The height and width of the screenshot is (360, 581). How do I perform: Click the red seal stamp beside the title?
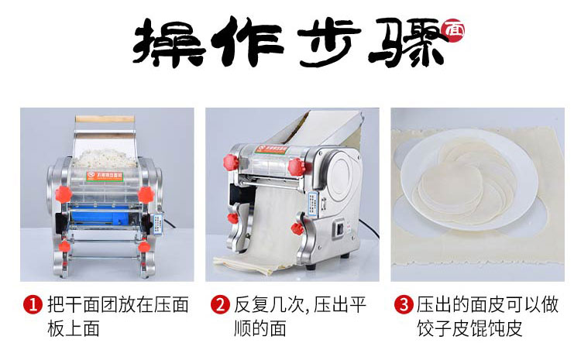[452, 30]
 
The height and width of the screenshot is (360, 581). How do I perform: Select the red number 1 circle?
[33, 305]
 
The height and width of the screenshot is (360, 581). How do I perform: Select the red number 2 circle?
[220, 305]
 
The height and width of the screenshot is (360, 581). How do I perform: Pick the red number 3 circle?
[404, 305]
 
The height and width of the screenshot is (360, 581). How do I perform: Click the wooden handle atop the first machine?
[105, 119]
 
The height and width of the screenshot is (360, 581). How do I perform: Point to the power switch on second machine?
[339, 228]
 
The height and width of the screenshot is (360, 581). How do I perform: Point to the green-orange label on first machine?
[105, 177]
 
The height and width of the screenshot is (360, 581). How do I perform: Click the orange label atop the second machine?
[273, 149]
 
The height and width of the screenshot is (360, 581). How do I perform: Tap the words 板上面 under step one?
[74, 328]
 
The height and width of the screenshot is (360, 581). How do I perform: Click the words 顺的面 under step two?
[260, 328]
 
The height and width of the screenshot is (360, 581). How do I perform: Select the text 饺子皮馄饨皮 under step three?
[469, 328]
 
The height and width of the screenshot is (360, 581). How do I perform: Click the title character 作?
[247, 42]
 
